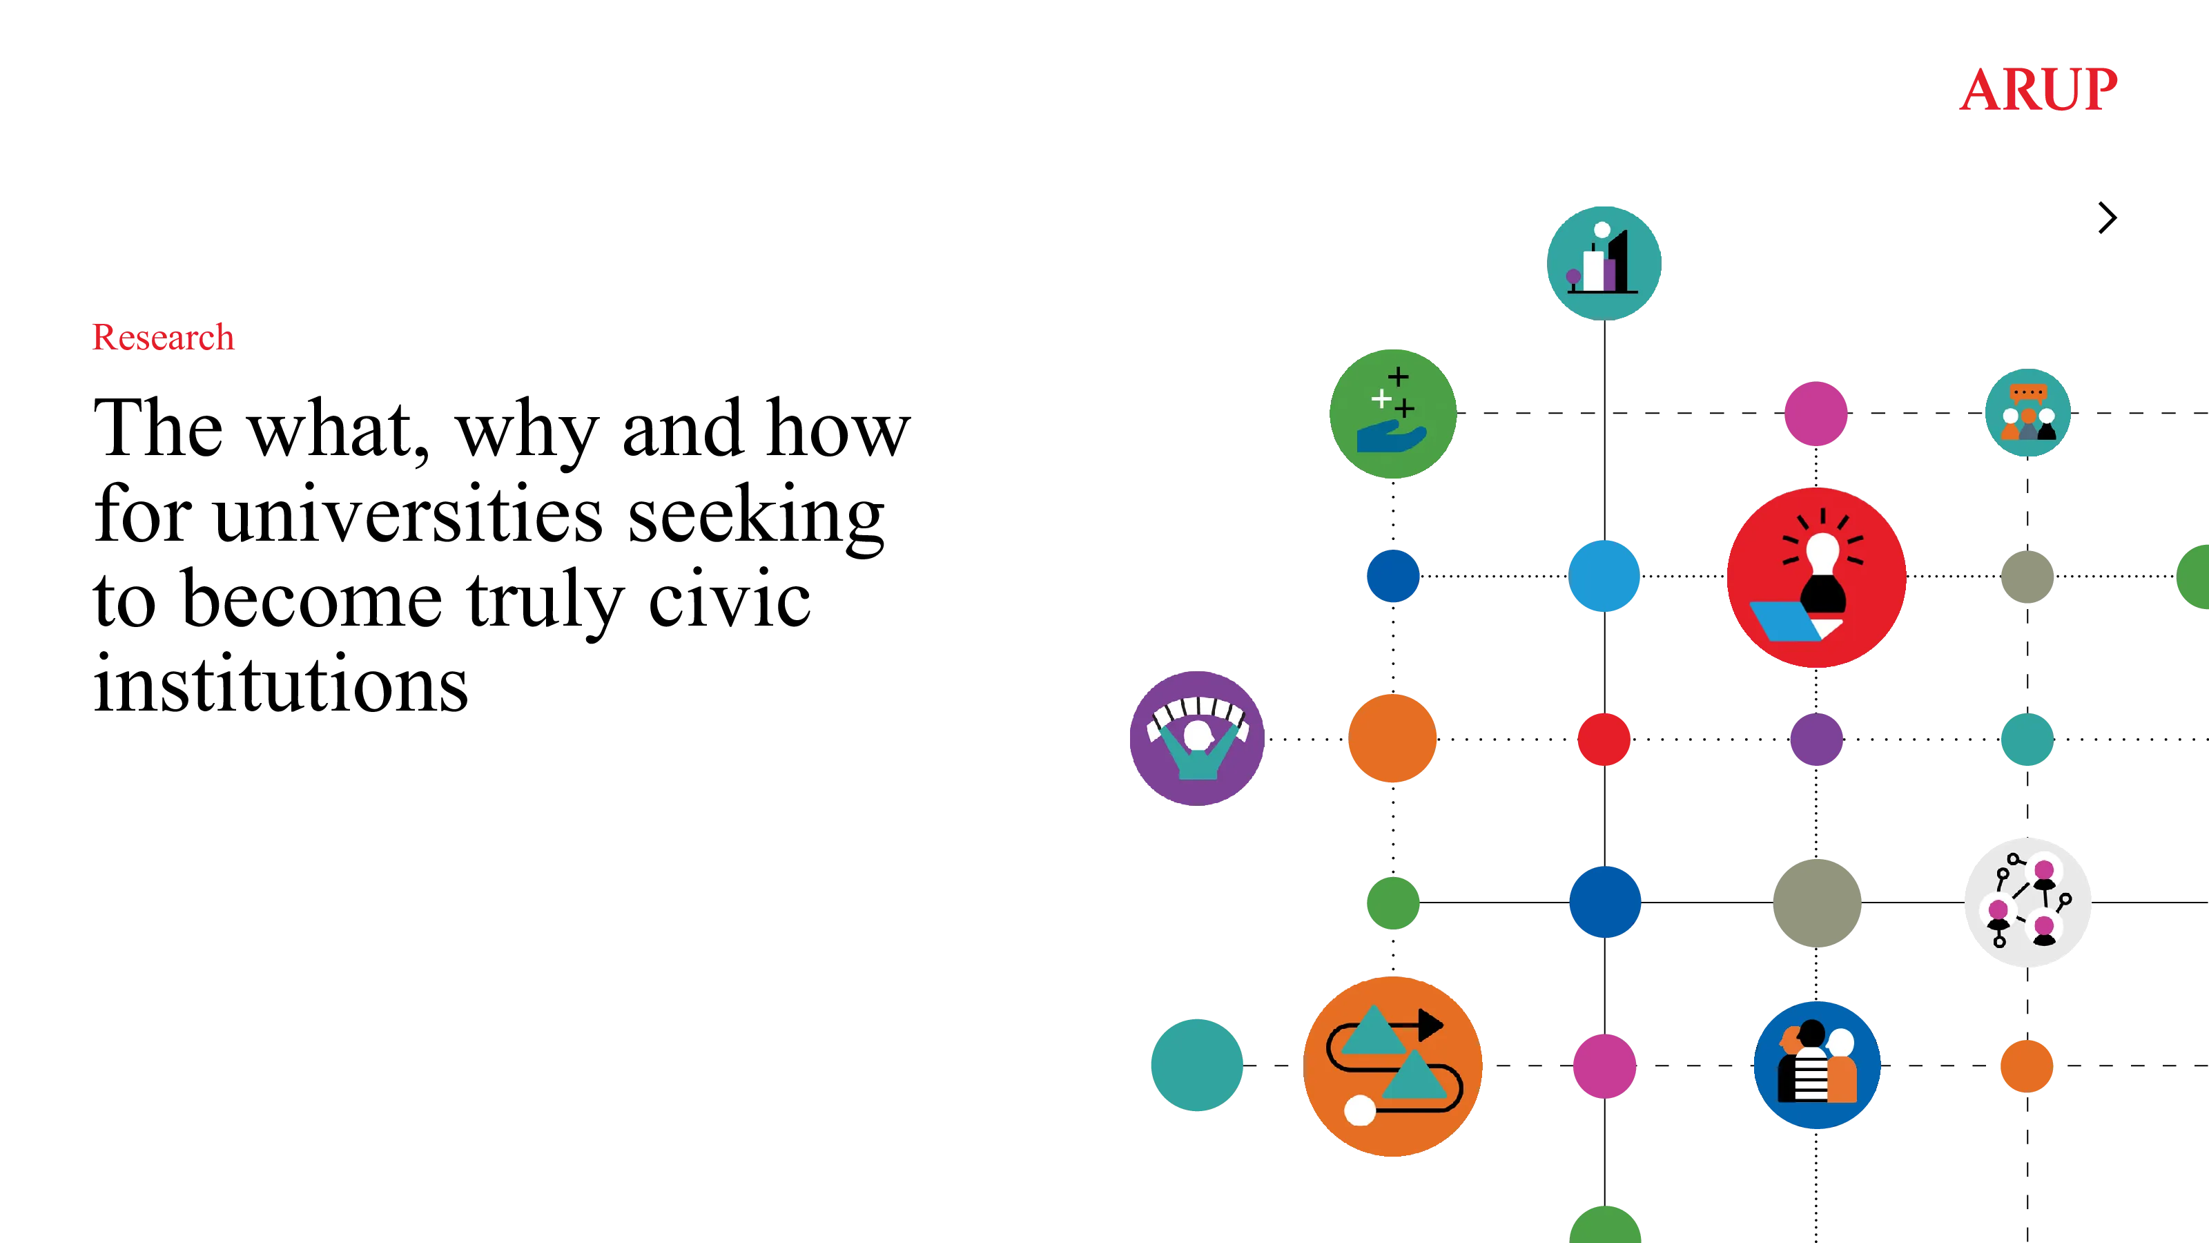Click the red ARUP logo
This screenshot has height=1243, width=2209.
click(2038, 89)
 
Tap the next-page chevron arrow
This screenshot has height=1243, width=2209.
click(2108, 218)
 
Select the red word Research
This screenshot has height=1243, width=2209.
click(163, 337)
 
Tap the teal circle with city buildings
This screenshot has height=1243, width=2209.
click(1604, 263)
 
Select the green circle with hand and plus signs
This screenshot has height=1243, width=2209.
click(1392, 414)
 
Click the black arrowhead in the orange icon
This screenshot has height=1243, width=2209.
click(1430, 1024)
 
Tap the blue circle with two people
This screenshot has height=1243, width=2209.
click(1817, 1065)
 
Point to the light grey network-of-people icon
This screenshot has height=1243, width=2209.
click(2027, 903)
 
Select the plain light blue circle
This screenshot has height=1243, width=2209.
click(1604, 576)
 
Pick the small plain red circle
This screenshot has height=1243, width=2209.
click(1604, 739)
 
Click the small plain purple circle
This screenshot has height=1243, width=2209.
click(1816, 739)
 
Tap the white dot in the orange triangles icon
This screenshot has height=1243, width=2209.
click(1360, 1110)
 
